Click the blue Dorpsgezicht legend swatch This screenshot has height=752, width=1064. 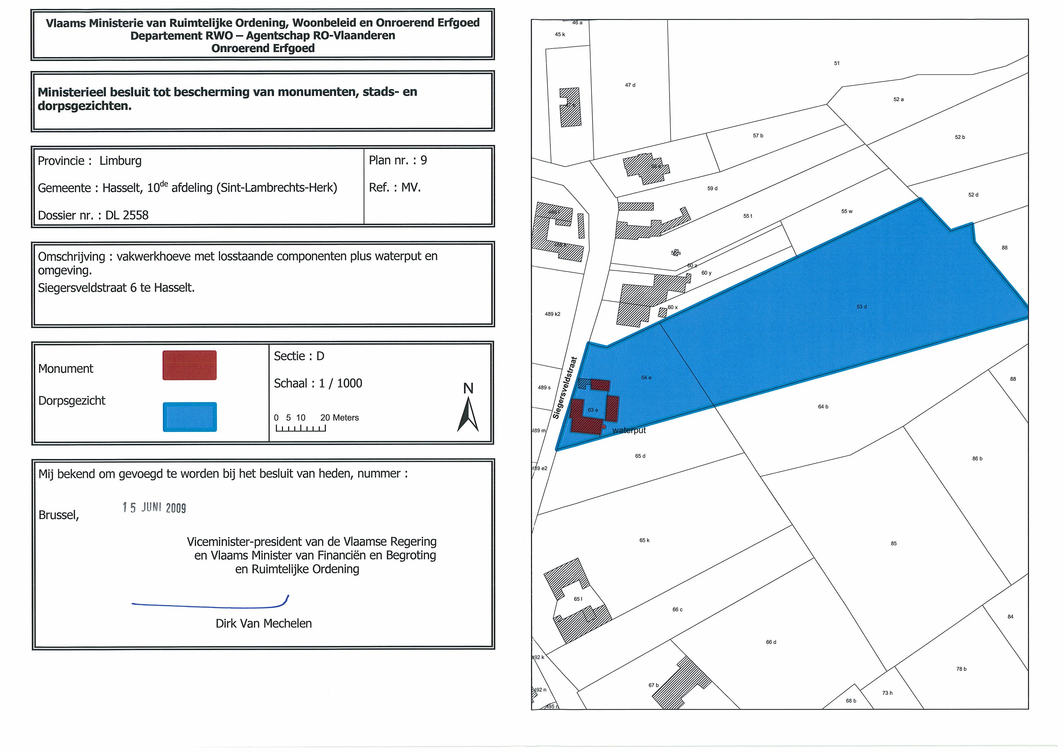pos(190,416)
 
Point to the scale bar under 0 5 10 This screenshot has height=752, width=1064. pos(300,428)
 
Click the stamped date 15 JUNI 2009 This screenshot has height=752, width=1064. pos(154,508)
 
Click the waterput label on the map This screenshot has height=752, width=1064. pos(628,430)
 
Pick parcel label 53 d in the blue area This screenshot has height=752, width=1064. pos(861,307)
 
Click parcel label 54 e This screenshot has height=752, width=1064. pos(646,378)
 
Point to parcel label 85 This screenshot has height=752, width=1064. pos(893,543)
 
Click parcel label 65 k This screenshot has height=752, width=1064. pos(644,540)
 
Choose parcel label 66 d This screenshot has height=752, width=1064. pos(771,642)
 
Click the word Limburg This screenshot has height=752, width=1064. pos(121,161)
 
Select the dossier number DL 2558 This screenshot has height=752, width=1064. pos(127,215)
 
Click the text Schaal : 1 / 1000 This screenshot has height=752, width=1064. pos(318,383)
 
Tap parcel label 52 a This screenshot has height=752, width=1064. pos(898,100)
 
